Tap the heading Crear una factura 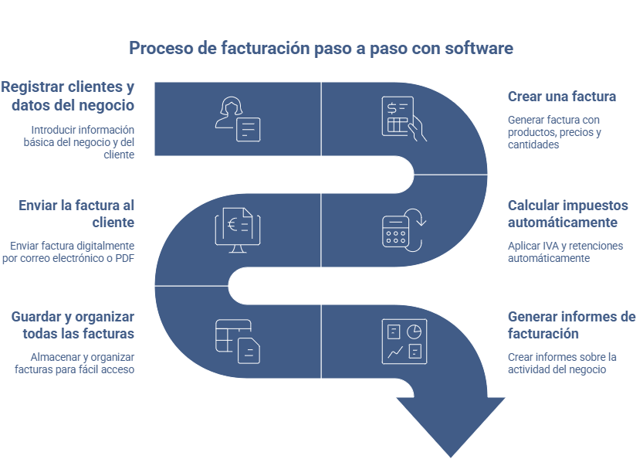(x=561, y=97)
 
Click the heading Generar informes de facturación (x=571, y=325)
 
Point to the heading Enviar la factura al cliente (x=76, y=213)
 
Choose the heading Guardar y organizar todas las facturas (x=73, y=325)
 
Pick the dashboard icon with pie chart (x=404, y=341)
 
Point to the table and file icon (x=238, y=341)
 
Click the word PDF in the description (x=124, y=258)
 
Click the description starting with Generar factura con (x=553, y=132)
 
